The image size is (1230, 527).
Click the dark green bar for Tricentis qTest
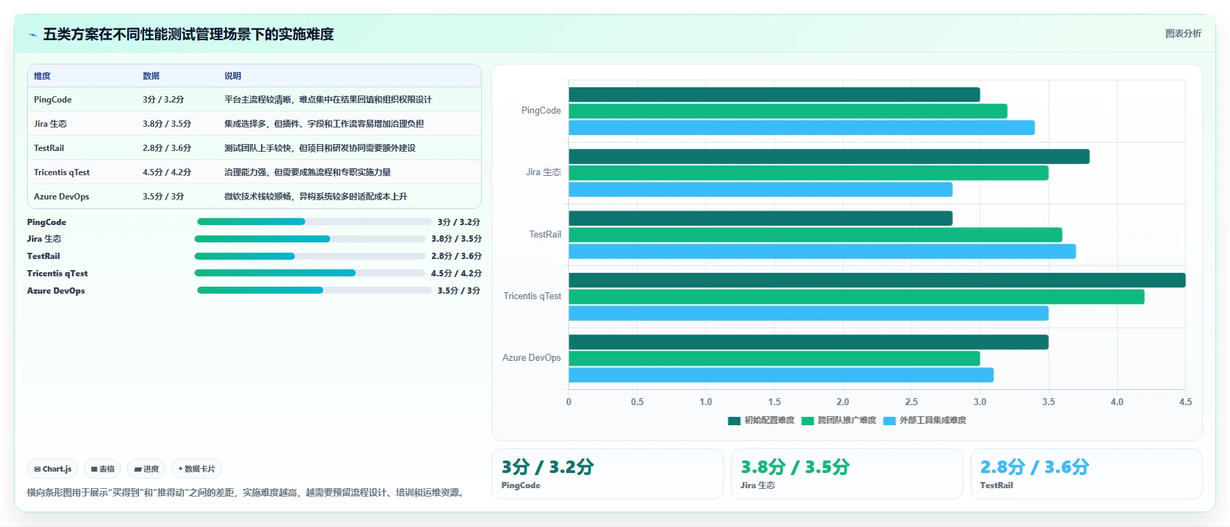[877, 280]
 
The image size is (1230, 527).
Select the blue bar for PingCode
[802, 127]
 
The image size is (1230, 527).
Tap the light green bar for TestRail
[815, 235]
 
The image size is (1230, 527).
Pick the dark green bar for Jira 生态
[829, 157]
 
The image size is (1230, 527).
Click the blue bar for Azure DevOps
[781, 375]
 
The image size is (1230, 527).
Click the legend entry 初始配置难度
[761, 420]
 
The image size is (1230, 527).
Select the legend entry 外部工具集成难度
[925, 420]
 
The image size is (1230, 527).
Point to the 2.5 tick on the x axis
[911, 402]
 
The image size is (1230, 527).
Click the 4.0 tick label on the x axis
[1116, 402]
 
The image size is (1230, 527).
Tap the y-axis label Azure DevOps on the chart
[532, 357]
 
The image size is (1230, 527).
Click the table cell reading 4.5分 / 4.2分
[167, 172]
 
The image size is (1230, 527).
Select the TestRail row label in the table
[49, 148]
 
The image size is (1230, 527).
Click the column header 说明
[233, 76]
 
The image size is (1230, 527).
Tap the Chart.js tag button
[53, 469]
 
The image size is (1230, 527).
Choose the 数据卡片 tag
[197, 469]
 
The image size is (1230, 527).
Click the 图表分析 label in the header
[1183, 33]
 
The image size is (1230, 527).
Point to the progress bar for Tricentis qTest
[310, 273]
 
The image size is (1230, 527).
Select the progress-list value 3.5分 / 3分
[459, 291]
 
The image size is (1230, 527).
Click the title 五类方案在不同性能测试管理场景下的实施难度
[188, 34]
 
